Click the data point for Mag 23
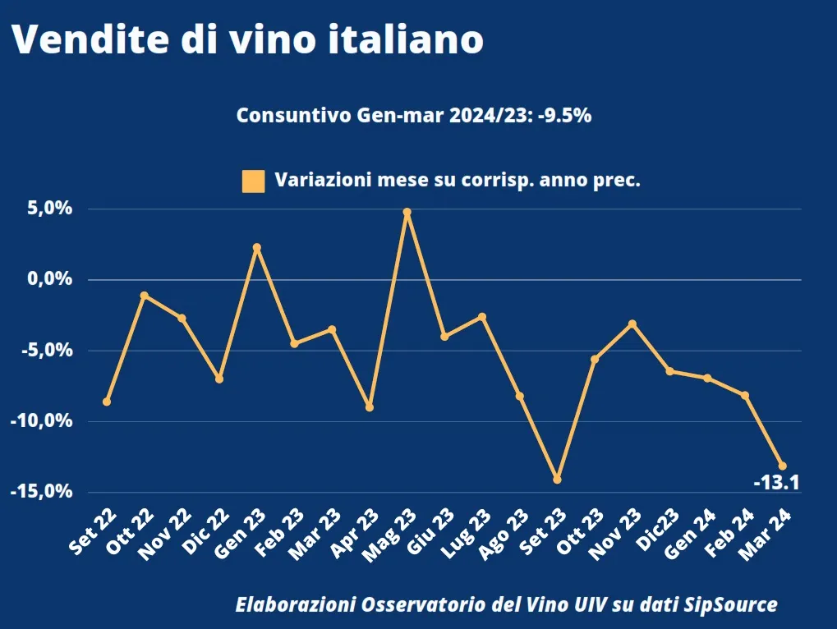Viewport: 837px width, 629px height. click(x=407, y=212)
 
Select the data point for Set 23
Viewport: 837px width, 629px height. click(x=557, y=479)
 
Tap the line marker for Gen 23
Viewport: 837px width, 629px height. click(x=256, y=247)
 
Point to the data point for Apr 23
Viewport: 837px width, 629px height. click(x=370, y=407)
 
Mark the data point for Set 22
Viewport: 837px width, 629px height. click(x=107, y=402)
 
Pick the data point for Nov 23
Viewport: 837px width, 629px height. click(x=632, y=324)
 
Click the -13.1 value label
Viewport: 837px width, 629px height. click(x=776, y=483)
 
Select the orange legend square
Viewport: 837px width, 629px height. click(x=253, y=181)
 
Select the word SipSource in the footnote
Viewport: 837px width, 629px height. click(x=731, y=605)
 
